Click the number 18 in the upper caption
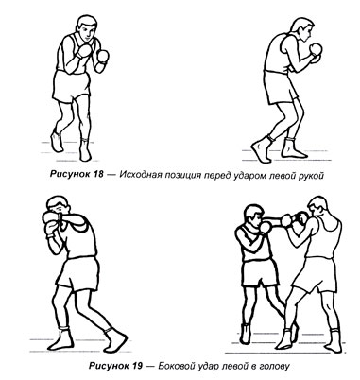pyautogui.click(x=97, y=175)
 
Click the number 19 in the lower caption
pyautogui.click(x=136, y=366)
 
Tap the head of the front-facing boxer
pyautogui.click(x=86, y=28)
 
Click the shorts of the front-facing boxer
pyautogui.click(x=71, y=86)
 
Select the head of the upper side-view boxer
pyautogui.click(x=301, y=29)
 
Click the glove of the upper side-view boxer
pyautogui.click(x=315, y=50)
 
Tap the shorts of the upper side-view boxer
pyautogui.click(x=280, y=87)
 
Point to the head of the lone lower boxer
pyautogui.click(x=58, y=207)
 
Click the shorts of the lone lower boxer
pyautogui.click(x=78, y=273)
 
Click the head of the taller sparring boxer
pyautogui.click(x=317, y=209)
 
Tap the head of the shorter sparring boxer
pyautogui.click(x=252, y=216)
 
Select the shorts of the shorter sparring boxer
pyautogui.click(x=260, y=273)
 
